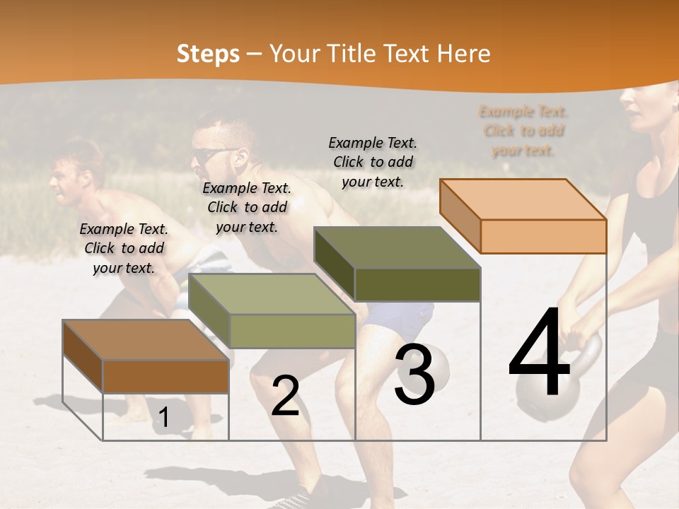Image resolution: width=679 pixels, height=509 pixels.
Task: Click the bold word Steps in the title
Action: (x=208, y=54)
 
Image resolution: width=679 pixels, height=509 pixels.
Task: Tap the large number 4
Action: (x=540, y=353)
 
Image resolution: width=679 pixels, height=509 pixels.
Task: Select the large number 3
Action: (x=414, y=374)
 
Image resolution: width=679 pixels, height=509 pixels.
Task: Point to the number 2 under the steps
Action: (x=285, y=396)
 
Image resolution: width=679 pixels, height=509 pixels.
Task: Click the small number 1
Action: (x=163, y=418)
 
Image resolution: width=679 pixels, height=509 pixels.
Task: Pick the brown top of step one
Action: (x=145, y=340)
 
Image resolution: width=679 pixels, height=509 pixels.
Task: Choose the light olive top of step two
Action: (x=271, y=293)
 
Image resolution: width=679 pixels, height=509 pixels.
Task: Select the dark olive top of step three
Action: (x=396, y=247)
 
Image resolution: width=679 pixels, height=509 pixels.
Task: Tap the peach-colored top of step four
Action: (x=522, y=199)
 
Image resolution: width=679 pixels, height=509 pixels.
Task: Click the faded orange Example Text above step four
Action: (x=523, y=131)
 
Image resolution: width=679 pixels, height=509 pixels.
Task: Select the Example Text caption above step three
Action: (x=373, y=162)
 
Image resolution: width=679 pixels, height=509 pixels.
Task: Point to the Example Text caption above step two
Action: (x=247, y=207)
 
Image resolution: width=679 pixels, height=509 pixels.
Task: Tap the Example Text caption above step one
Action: (x=124, y=248)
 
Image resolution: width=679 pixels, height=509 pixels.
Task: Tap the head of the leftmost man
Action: (x=74, y=173)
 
